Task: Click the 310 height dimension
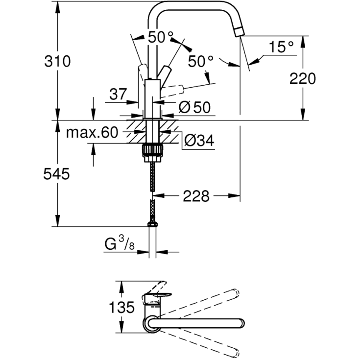[57, 62]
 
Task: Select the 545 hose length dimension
[56, 174]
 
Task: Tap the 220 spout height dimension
[303, 78]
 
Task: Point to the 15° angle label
[281, 47]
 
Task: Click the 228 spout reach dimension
[196, 196]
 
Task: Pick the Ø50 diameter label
[194, 107]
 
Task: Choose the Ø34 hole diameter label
[199, 140]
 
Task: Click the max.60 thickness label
[92, 132]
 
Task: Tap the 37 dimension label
[118, 94]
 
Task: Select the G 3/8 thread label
[120, 243]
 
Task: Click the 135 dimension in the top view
[121, 308]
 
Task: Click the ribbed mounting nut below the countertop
[153, 150]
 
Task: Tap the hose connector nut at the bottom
[152, 224]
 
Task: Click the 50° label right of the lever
[201, 62]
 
